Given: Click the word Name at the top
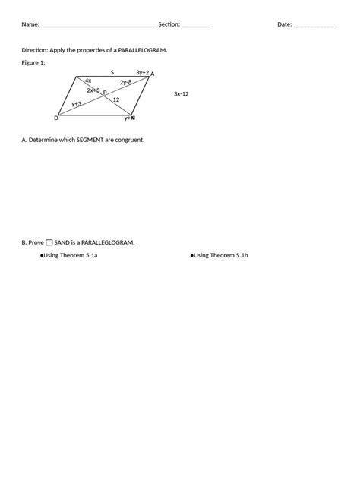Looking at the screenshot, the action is click(30, 24).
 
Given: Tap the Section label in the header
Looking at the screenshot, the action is click(169, 24).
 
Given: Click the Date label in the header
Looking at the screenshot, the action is click(284, 24).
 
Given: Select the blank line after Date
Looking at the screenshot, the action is click(314, 26).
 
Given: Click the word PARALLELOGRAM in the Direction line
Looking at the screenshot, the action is click(143, 49).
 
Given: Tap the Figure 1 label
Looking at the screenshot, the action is click(33, 63).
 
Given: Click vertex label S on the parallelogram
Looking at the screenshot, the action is click(112, 73).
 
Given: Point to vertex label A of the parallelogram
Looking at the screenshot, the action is click(153, 74).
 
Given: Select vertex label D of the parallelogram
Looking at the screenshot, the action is click(56, 118).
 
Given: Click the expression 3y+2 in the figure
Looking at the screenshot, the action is click(142, 72).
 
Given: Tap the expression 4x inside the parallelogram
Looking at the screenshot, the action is click(88, 81).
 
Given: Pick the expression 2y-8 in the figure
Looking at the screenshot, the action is click(125, 82).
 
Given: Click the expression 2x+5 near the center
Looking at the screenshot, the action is click(93, 90).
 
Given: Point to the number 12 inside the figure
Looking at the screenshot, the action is click(116, 99).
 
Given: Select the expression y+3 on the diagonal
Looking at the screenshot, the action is click(77, 103).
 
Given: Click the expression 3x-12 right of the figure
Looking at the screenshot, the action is click(181, 93).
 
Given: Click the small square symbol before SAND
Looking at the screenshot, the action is click(49, 242).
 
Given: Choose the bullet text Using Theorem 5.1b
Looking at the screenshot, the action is click(220, 255).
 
